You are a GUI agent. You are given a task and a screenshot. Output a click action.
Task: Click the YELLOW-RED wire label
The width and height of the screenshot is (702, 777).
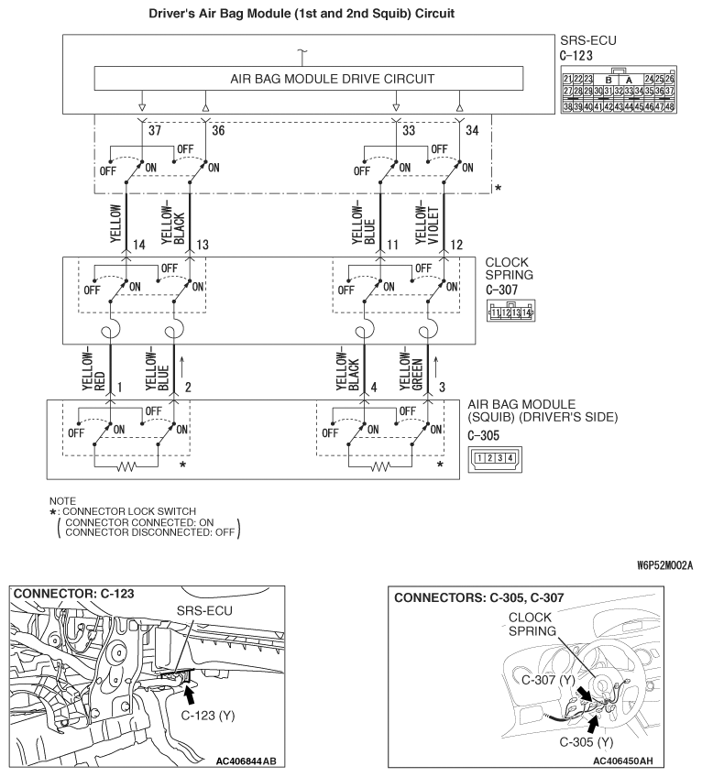89,370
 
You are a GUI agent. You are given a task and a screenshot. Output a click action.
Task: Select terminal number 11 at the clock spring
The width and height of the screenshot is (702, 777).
393,246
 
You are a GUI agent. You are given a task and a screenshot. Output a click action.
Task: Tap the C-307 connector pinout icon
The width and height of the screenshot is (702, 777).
511,312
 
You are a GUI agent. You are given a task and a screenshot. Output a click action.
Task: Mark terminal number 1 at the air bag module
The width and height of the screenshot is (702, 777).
119,388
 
